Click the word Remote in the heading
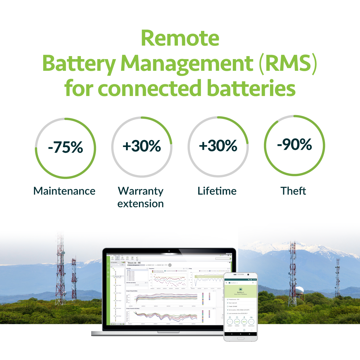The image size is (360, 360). [x=180, y=38]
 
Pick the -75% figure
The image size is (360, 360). [x=65, y=147]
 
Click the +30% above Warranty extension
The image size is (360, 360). [x=142, y=146]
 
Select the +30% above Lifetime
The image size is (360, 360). [x=218, y=146]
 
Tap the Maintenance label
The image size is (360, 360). [x=64, y=191]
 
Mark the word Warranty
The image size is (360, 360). [x=141, y=191]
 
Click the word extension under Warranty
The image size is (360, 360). [x=140, y=204]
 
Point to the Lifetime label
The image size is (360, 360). [x=217, y=191]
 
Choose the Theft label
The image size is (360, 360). [x=293, y=191]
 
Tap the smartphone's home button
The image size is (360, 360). [x=241, y=338]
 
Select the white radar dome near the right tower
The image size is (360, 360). [x=299, y=290]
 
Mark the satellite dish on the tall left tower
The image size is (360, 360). [x=63, y=253]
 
